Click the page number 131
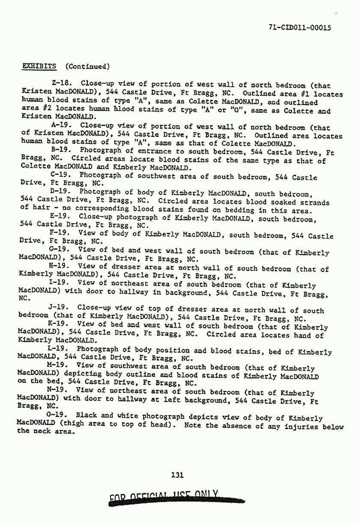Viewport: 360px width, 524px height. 177,475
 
